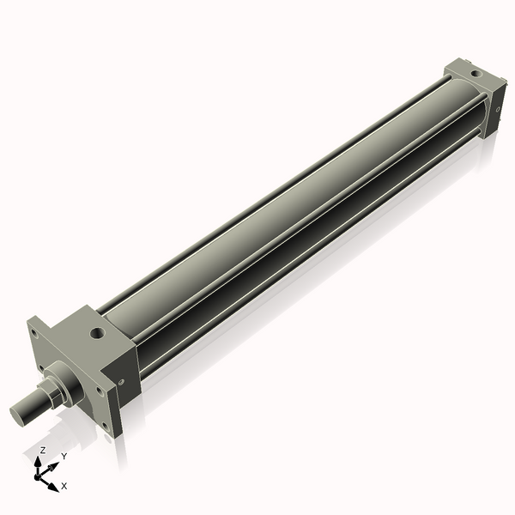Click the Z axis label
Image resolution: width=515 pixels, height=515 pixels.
pyautogui.click(x=42, y=450)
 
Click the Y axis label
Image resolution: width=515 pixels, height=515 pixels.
pyautogui.click(x=64, y=457)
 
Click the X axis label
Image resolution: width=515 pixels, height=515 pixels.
pyautogui.click(x=64, y=486)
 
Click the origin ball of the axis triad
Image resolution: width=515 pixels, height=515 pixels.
pyautogui.click(x=39, y=474)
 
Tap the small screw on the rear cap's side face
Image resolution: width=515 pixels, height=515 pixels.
pyautogui.click(x=499, y=108)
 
